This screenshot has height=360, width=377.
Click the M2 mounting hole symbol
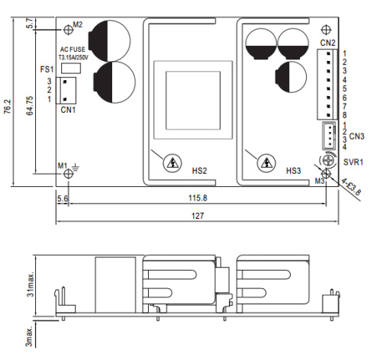pyautogui.click(x=68, y=30)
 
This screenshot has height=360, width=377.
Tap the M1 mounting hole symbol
pyautogui.click(x=68, y=174)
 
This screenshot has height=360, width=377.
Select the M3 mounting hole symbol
pyautogui.click(x=326, y=174)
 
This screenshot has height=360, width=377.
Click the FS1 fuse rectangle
pyautogui.click(x=71, y=69)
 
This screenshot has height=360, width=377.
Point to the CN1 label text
pyautogui.click(x=68, y=110)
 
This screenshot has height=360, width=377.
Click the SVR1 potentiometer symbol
pyautogui.click(x=327, y=160)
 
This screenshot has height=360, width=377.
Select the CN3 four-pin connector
pyautogui.click(x=329, y=136)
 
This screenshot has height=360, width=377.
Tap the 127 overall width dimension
pyautogui.click(x=198, y=216)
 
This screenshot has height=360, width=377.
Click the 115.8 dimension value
pyautogui.click(x=198, y=198)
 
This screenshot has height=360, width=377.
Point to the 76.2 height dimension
pyautogui.click(x=8, y=107)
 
